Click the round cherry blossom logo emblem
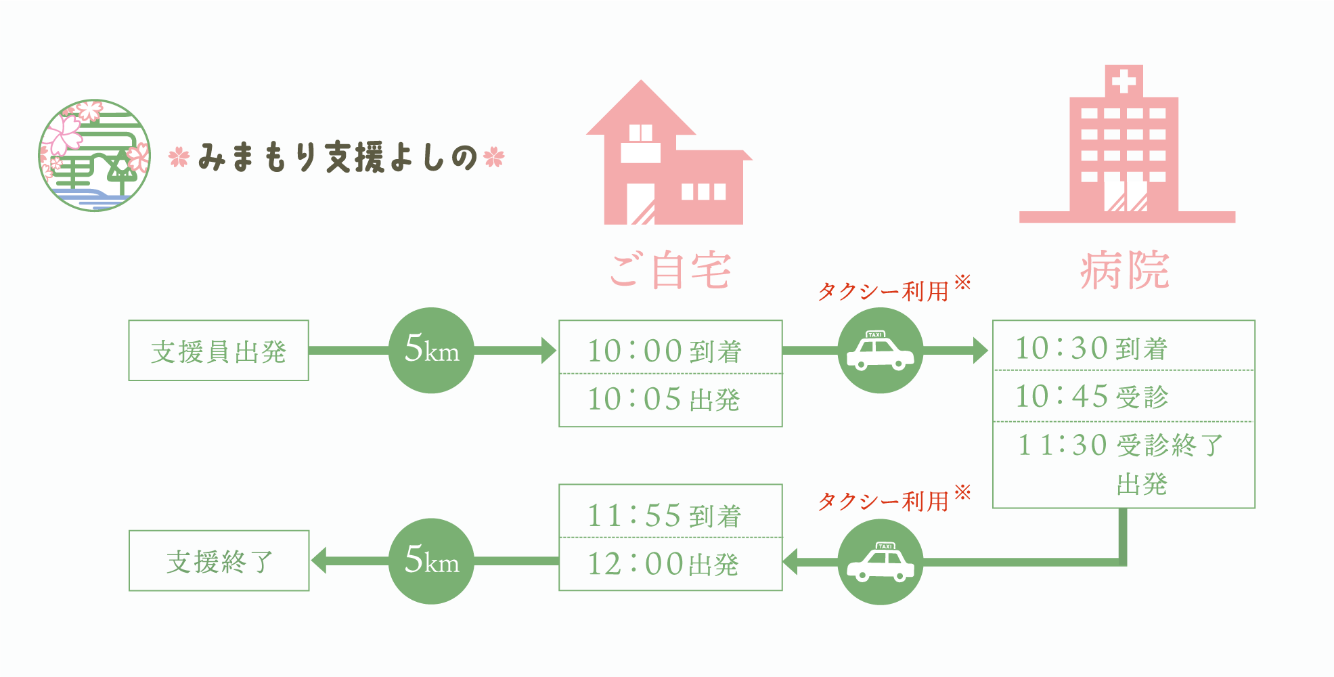pos(95,156)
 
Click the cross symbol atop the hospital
pos(1124,82)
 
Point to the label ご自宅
pos(670,271)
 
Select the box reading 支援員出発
pos(219,351)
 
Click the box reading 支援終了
pos(219,561)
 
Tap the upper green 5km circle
pos(431,350)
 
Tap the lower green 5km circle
pos(431,561)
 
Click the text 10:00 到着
pos(665,351)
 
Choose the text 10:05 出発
pos(663,399)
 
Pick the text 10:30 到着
pos(1091,349)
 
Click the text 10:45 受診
pos(1091,397)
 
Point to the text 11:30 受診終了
pos(1121,445)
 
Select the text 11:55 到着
pos(665,516)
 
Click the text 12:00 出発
pos(663,564)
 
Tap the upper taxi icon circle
pos(880,350)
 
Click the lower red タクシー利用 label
pos(884,502)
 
